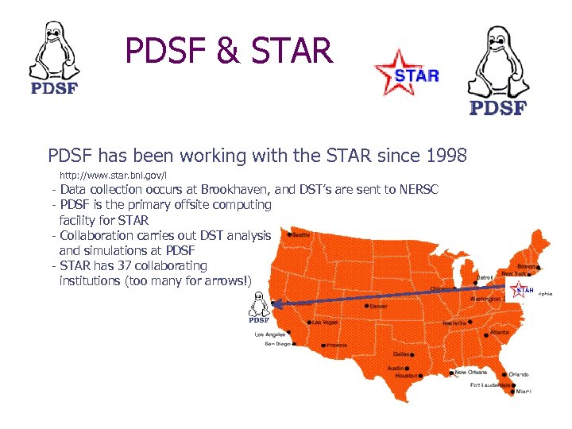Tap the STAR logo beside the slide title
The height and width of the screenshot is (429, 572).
407,72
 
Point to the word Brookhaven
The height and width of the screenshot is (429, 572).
236,190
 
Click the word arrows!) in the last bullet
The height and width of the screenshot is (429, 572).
226,280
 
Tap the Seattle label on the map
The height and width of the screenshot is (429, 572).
301,234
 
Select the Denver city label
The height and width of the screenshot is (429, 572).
379,305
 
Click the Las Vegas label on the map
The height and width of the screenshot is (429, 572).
325,323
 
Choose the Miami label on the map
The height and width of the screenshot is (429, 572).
523,392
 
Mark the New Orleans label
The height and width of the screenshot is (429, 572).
471,372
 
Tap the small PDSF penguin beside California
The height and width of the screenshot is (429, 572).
258,307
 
